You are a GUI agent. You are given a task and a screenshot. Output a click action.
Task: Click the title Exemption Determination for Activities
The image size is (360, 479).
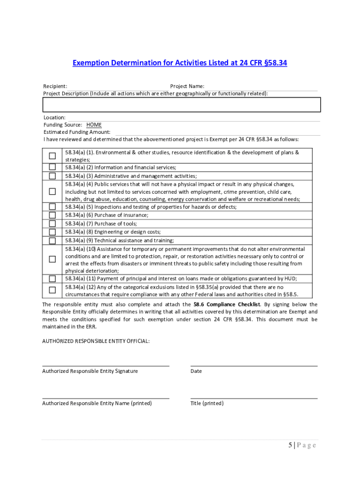click(180, 63)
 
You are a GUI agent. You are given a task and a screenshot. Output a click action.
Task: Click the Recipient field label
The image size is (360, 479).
click(55, 86)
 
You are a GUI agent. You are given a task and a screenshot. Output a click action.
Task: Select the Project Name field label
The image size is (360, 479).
click(187, 86)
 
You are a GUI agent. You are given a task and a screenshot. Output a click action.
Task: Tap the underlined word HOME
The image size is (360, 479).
click(94, 125)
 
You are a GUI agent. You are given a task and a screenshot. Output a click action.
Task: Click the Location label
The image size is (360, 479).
click(54, 117)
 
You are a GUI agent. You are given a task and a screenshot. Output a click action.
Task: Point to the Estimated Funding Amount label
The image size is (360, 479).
click(77, 132)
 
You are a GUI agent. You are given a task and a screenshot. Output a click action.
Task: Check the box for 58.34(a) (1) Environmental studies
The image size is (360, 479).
click(52, 156)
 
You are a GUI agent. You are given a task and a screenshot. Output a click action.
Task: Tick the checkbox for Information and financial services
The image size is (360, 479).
click(52, 167)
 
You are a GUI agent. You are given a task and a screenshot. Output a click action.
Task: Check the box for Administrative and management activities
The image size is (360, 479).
click(52, 176)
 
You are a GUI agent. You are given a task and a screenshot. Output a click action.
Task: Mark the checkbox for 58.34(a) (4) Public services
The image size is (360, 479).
click(52, 191)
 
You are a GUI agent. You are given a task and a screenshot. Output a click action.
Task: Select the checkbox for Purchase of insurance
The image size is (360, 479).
click(52, 215)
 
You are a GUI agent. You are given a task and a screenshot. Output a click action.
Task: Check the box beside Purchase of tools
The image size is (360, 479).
click(52, 224)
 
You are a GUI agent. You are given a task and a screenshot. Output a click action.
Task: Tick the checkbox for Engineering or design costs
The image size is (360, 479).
click(52, 232)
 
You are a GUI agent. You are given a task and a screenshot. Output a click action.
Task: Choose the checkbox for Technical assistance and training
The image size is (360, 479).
click(52, 240)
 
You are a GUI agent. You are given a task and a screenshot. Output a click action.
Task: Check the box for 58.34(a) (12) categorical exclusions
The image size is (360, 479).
click(52, 290)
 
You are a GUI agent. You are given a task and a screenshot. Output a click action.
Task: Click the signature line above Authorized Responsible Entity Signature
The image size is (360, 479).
click(106, 365)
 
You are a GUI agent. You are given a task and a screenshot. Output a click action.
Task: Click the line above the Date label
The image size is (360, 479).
click(254, 365)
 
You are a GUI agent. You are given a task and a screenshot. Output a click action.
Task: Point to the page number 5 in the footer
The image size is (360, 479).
click(290, 445)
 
